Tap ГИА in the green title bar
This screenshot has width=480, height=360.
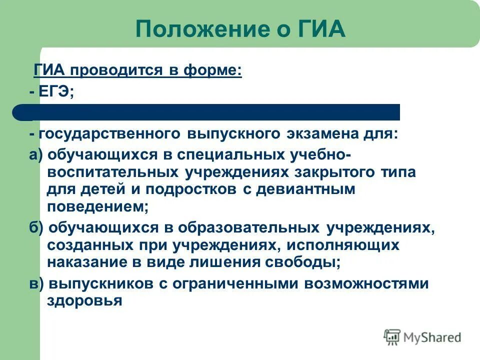pos(320,28)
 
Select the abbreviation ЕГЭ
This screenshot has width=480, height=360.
pos(54,92)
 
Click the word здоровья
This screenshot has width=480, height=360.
pos(84,301)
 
